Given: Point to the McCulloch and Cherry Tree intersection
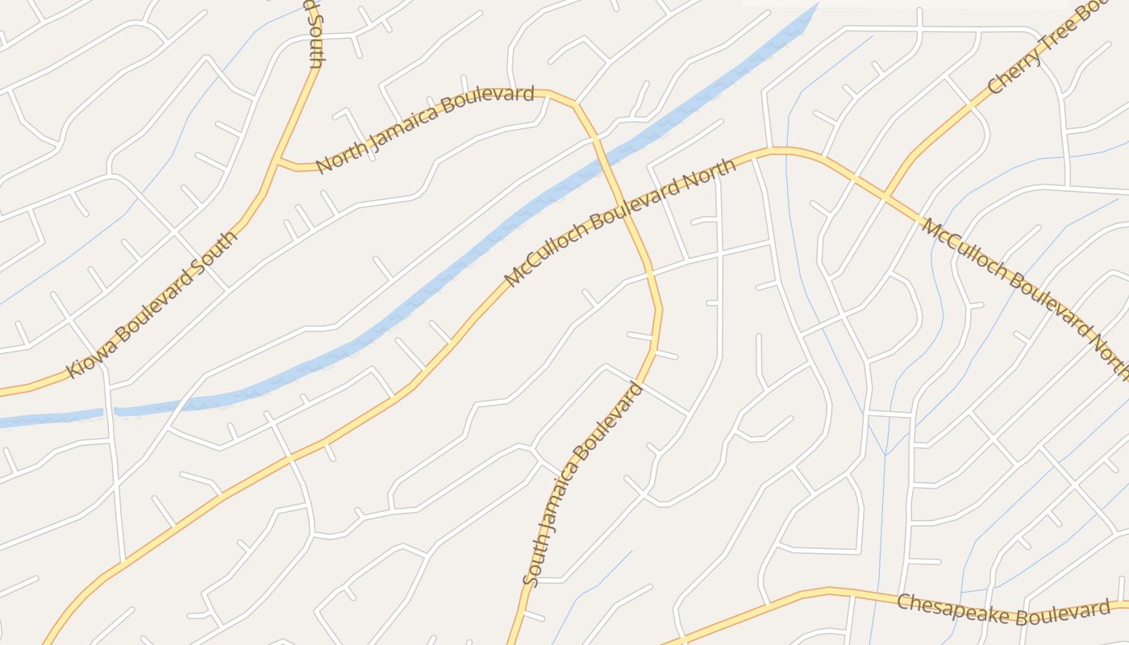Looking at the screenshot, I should [x=885, y=197].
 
